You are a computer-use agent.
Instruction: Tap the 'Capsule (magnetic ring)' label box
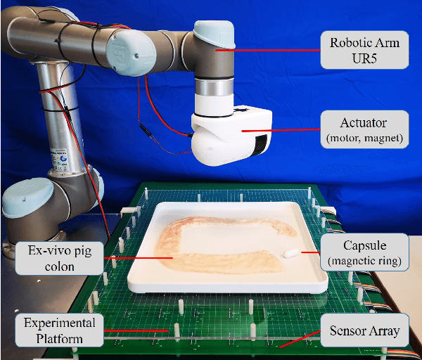pos(362,253)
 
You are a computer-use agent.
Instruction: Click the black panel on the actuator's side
pos(261,143)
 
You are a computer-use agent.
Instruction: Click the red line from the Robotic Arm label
pos(267,50)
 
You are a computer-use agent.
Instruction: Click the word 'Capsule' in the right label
pos(362,246)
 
